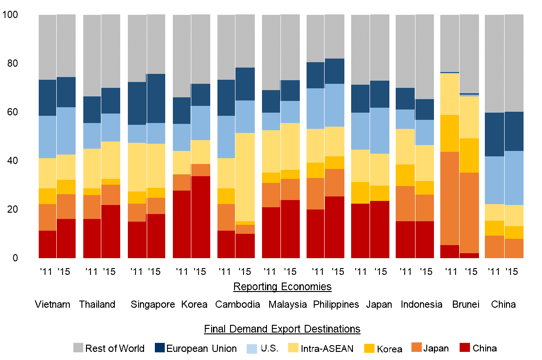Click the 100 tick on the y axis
pyautogui.click(x=10, y=15)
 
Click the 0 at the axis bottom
pyautogui.click(x=15, y=258)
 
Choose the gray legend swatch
pyautogui.click(x=78, y=347)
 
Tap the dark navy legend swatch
pyautogui.click(x=160, y=347)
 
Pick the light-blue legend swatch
pyautogui.click(x=252, y=349)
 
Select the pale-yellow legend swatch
pyautogui.click(x=293, y=347)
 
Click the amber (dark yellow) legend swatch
pyautogui.click(x=369, y=348)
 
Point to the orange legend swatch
pyautogui.click(x=416, y=347)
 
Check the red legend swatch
pyautogui.click(x=465, y=347)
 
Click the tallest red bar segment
pyautogui.click(x=200, y=217)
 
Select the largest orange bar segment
pyautogui.click(x=449, y=198)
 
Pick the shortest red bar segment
pyautogui.click(x=469, y=255)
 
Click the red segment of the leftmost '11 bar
pyautogui.click(x=47, y=244)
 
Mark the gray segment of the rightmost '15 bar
pyautogui.click(x=514, y=63)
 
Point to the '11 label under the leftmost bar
pyautogui.click(x=47, y=271)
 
